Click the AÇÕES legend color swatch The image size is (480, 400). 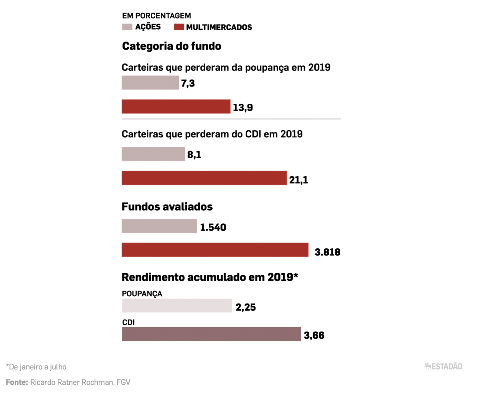click(127, 27)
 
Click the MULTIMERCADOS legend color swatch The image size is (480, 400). click(178, 27)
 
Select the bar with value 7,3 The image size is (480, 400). click(150, 83)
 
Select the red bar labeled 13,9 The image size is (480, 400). click(176, 107)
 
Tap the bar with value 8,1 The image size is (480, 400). click(153, 154)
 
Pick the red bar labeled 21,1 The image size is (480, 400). click(204, 178)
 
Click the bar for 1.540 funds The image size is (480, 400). click(159, 226)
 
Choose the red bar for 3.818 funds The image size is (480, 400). click(215, 250)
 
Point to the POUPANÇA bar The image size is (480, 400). click(177, 306)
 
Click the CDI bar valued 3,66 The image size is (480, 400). click(211, 334)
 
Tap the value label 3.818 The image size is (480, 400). click(327, 252)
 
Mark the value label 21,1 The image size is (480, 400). click(298, 180)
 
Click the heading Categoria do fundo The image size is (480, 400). click(171, 46)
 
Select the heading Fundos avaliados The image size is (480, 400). click(167, 207)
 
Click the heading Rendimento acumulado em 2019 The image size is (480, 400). click(210, 277)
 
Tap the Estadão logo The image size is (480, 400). click(443, 366)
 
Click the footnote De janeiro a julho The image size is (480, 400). click(36, 366)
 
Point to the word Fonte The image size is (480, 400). click(16, 382)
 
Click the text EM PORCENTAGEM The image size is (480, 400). click(156, 16)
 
